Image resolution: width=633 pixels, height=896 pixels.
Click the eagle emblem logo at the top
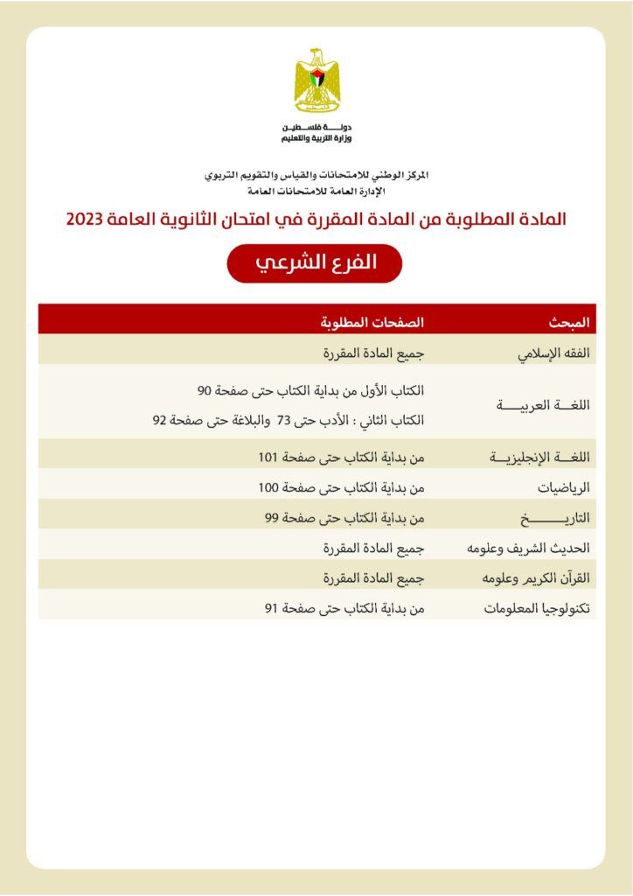(317, 81)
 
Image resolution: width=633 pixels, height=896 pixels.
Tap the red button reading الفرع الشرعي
(315, 263)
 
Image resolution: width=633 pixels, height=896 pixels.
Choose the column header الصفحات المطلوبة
(372, 321)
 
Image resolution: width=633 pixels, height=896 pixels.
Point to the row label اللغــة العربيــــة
(545, 405)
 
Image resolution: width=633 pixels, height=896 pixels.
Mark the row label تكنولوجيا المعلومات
(539, 609)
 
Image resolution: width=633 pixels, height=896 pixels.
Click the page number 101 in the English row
(268, 458)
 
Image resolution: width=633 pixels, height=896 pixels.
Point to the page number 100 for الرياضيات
(268, 487)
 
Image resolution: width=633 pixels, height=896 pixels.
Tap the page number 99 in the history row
(271, 518)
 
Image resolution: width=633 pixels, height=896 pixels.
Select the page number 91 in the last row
(271, 609)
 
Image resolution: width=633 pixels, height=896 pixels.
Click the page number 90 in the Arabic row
(204, 390)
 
